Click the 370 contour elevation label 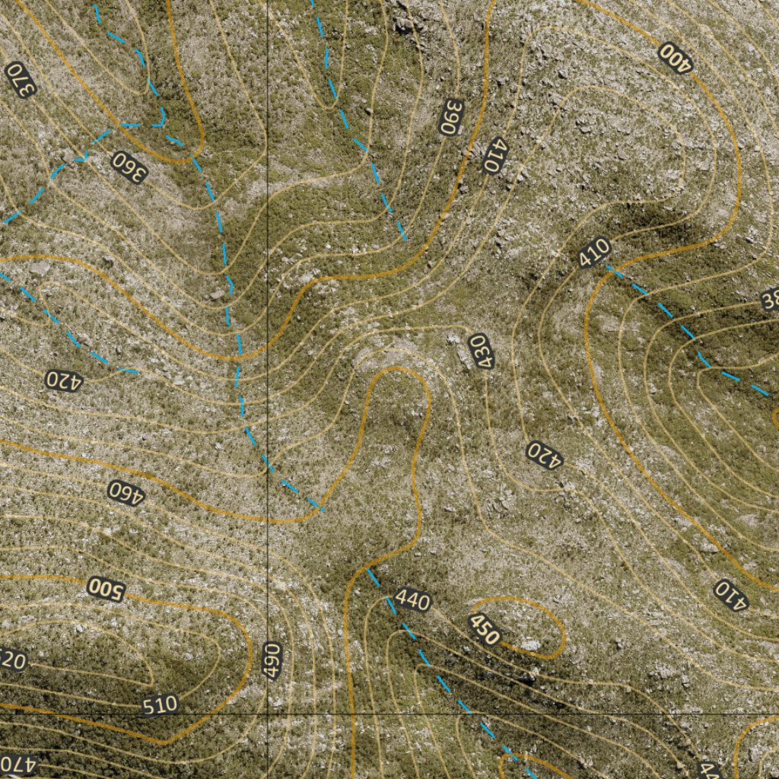[21, 80]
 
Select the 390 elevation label [451, 117]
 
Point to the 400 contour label [676, 57]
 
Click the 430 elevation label [479, 351]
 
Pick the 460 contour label [126, 492]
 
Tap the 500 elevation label [106, 589]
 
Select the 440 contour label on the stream [413, 601]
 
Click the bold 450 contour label [485, 628]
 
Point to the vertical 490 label [273, 660]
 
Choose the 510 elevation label [160, 704]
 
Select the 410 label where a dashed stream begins [594, 253]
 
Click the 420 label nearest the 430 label [545, 455]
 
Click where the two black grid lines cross [268, 714]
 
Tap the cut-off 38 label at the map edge [770, 300]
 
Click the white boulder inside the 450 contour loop [530, 645]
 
